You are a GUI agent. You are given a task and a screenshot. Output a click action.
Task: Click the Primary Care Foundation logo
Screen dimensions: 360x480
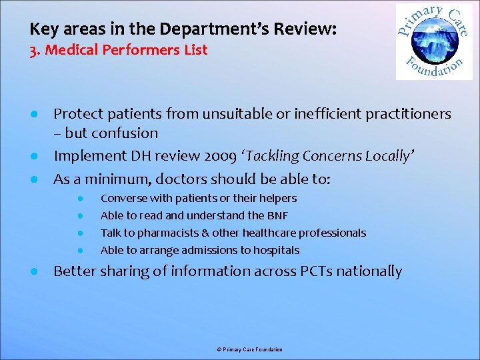[433, 41]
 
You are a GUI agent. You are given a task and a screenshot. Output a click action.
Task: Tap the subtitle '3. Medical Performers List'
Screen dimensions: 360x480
[119, 50]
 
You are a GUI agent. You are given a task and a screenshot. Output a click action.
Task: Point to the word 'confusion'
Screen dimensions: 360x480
[126, 133]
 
